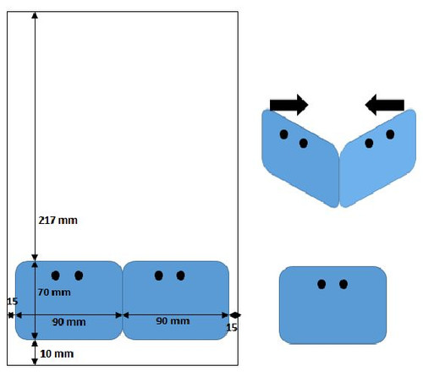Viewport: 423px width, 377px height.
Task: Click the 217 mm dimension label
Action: (58, 220)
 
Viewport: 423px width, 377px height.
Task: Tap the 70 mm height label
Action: (54, 292)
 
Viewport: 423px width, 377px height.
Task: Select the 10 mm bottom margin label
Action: (57, 353)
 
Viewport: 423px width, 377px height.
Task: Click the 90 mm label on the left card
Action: (69, 322)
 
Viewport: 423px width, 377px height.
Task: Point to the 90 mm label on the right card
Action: (173, 320)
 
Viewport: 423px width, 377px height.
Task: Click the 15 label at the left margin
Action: (12, 302)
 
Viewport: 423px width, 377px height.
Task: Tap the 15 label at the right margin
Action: (232, 327)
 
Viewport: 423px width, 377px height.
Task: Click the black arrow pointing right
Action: (289, 105)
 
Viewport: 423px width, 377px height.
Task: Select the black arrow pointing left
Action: (385, 105)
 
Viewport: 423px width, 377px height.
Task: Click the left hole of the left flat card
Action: (56, 276)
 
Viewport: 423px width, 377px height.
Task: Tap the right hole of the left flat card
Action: (79, 276)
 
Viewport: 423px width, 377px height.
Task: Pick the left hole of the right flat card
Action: (159, 276)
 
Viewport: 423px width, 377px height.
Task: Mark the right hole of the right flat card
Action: (180, 276)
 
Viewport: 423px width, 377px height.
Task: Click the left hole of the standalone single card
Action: (321, 284)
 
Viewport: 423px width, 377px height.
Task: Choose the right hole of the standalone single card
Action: (343, 284)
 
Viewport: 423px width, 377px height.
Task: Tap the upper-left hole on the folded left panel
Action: (283, 134)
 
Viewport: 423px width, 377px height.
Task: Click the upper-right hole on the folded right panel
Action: (390, 134)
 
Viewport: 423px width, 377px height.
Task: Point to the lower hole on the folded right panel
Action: (369, 143)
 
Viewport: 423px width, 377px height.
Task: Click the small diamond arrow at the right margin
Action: (235, 315)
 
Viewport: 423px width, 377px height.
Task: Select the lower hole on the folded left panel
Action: (304, 143)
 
